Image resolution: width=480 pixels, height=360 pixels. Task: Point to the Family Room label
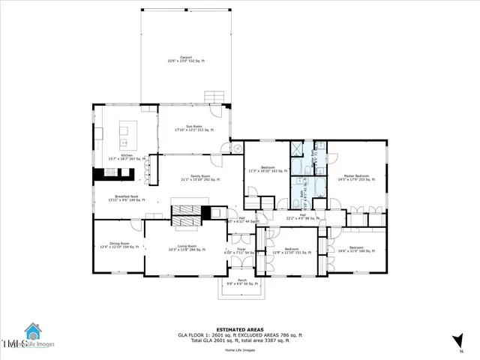200,178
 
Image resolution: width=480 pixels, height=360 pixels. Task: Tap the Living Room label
187,247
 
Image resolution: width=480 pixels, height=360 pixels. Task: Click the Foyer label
241,250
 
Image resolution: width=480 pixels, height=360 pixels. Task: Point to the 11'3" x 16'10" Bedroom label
268,169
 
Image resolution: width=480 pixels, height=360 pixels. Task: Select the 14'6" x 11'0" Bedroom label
355,249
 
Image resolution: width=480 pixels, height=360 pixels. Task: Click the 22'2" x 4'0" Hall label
302,217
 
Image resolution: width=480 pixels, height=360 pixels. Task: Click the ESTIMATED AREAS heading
239,329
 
